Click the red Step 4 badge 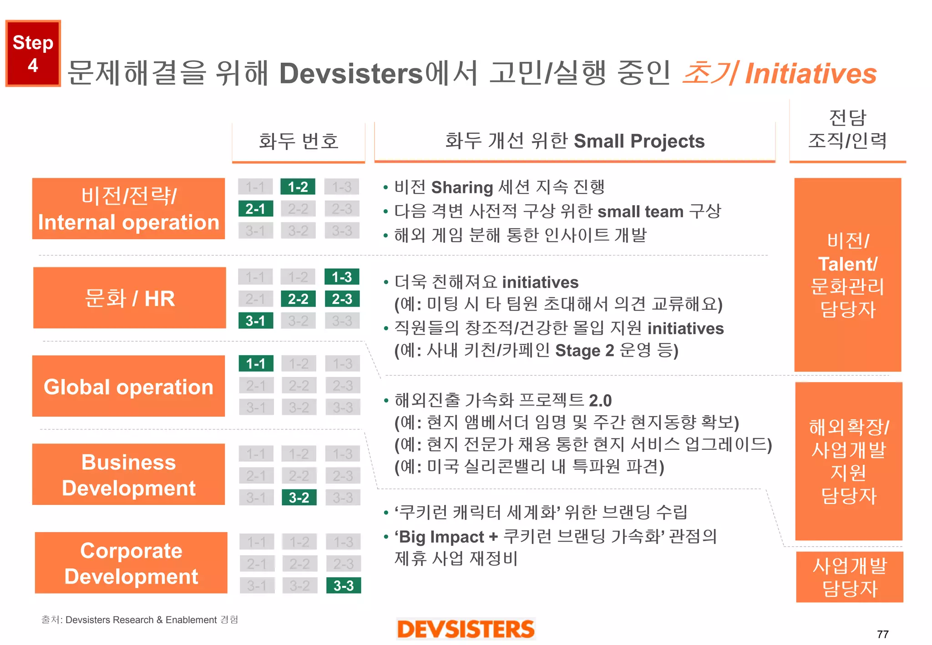coord(33,53)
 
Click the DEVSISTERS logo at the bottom coord(466,629)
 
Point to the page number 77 coord(882,634)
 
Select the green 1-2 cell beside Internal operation coord(298,187)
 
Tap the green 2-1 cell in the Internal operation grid coord(255,209)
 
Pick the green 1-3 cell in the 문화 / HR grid coord(342,277)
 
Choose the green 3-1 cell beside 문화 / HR coord(255,321)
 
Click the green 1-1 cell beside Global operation coord(256,363)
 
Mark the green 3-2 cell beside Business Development coord(299,498)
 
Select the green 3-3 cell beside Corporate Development coord(344,585)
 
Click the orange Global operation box coord(128,386)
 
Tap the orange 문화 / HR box coord(130,298)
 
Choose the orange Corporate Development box coord(131,563)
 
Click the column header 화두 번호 coord(299,141)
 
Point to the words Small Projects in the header coord(639,141)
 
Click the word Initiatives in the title coord(811,74)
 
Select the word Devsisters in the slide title coord(351,74)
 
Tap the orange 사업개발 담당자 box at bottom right coord(850,577)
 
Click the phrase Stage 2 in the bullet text coord(584,350)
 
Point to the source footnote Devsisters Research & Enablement coord(141,620)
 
